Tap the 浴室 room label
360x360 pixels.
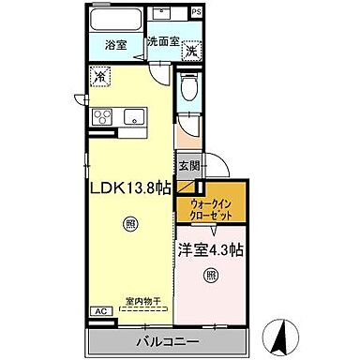pyautogui.click(x=116, y=44)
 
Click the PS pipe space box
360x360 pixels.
pyautogui.click(x=196, y=11)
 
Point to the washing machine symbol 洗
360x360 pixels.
pyautogui.click(x=191, y=51)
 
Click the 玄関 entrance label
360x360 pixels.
pyautogui.click(x=188, y=166)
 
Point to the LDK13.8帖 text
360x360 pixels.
pyautogui.click(x=130, y=187)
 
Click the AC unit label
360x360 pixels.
pyautogui.click(x=98, y=311)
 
